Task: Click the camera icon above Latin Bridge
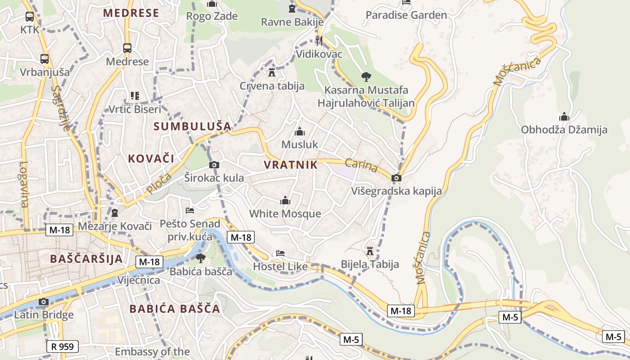pyautogui.click(x=44, y=301)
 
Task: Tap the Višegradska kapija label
pyautogui.click(x=396, y=191)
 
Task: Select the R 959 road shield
pyautogui.click(x=63, y=346)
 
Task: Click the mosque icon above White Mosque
pyautogui.click(x=285, y=201)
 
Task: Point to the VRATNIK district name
pyautogui.click(x=291, y=165)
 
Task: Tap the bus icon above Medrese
pyautogui.click(x=127, y=48)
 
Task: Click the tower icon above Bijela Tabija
pyautogui.click(x=370, y=251)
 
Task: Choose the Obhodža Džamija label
pyautogui.click(x=564, y=130)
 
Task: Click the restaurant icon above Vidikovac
pyautogui.click(x=319, y=40)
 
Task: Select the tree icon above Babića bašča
pyautogui.click(x=200, y=258)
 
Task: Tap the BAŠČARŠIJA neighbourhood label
pyautogui.click(x=86, y=259)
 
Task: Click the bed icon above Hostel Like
pyautogui.click(x=280, y=253)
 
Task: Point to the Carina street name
pyautogui.click(x=361, y=165)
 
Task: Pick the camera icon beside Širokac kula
pyautogui.click(x=214, y=165)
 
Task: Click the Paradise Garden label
pyautogui.click(x=406, y=15)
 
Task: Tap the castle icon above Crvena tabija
pyautogui.click(x=272, y=72)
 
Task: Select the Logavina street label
pyautogui.click(x=23, y=184)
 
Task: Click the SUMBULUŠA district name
pyautogui.click(x=192, y=126)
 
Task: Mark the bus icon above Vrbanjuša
pyautogui.click(x=45, y=58)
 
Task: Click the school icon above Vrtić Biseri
pyautogui.click(x=135, y=95)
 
